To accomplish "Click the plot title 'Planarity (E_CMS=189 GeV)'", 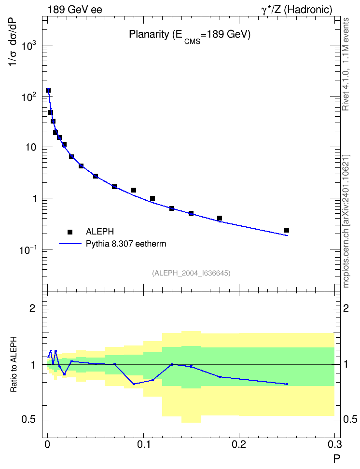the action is (x=190, y=36).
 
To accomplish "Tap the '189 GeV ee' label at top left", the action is (x=75, y=10).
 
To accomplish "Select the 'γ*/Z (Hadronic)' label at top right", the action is (x=297, y=10).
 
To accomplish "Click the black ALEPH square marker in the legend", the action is (x=70, y=232).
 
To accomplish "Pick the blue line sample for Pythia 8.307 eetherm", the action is (x=70, y=244).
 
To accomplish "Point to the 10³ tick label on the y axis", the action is (x=29, y=45).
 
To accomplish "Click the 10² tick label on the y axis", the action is (x=29, y=97).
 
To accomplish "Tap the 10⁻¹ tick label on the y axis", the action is (x=28, y=249).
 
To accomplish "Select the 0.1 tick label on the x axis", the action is (x=143, y=444).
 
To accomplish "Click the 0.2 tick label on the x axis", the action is (x=239, y=444).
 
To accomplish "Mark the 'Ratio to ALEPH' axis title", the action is (x=14, y=364).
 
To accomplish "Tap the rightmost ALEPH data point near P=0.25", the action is (x=287, y=230).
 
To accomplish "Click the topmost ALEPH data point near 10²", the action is (x=48, y=90).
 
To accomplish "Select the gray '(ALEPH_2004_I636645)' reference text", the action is (x=191, y=273).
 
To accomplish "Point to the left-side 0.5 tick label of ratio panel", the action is (x=28, y=420).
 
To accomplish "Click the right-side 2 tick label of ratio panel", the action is (x=346, y=308).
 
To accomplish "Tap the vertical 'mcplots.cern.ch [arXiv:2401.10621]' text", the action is (x=346, y=221).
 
